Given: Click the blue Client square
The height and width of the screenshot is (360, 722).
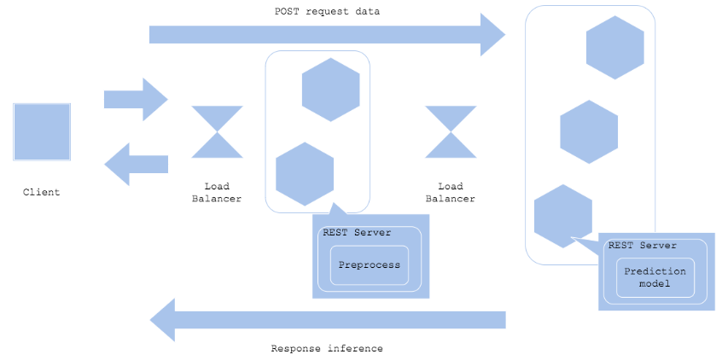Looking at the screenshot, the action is click(42, 131).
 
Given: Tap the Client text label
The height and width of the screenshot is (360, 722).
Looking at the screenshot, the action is click(42, 192).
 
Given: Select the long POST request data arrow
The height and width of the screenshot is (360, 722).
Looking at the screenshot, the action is click(328, 34).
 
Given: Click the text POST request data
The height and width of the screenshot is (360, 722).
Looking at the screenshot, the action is click(328, 11).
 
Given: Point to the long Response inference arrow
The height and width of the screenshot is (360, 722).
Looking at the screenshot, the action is click(328, 320).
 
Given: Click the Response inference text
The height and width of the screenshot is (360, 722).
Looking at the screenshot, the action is click(327, 349).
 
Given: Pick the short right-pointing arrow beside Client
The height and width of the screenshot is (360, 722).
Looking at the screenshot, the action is click(136, 100).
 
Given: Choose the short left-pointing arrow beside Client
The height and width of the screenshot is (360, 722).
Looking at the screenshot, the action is click(137, 165).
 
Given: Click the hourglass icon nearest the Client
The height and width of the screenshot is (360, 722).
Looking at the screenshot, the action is click(217, 132).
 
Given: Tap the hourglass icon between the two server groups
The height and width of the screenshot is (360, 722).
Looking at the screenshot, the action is click(451, 132).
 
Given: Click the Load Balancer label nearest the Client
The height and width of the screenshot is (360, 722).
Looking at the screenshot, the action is click(217, 193).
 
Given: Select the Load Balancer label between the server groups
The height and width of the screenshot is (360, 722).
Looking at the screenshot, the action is click(451, 193).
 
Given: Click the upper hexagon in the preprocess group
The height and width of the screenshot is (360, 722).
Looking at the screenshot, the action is click(330, 90).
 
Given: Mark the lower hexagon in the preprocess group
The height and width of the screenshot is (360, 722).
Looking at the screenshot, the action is click(305, 174).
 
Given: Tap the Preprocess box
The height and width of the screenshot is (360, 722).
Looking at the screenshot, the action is click(370, 265).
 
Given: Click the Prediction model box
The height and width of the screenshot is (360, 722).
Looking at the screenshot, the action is click(655, 277).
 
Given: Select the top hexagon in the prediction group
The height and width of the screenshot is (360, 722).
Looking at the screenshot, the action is click(614, 48).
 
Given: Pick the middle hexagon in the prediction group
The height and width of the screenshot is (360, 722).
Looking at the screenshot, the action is click(589, 131).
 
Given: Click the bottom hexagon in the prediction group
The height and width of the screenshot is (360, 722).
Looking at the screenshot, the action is click(563, 217).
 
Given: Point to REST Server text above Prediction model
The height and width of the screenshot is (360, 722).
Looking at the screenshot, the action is click(643, 246).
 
